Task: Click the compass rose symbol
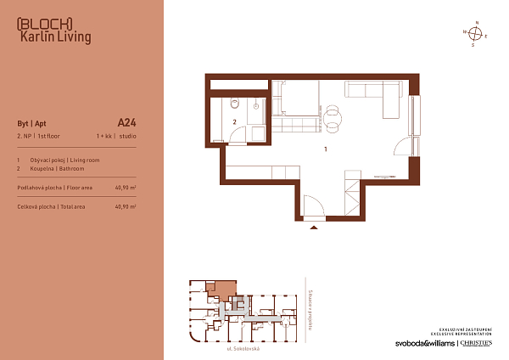[477, 34]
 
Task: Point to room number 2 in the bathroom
[234, 121]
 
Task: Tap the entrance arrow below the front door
[314, 227]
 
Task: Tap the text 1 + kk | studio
[116, 136]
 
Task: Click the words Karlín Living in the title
[55, 37]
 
